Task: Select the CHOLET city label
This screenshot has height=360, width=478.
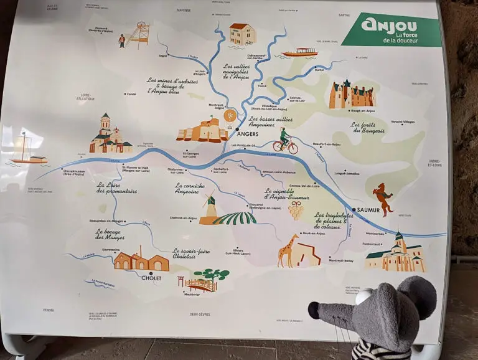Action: (x=151, y=278)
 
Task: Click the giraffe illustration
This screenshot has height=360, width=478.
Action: (x=288, y=250)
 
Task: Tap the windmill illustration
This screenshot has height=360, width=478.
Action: (x=210, y=208)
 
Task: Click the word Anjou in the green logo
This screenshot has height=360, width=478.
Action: (x=381, y=25)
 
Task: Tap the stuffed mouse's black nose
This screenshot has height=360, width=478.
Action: (x=313, y=306)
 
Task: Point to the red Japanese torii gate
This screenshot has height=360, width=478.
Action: (x=181, y=282)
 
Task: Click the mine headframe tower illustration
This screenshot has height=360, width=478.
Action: (x=141, y=35)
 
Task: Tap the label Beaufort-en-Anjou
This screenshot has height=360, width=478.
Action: (x=327, y=144)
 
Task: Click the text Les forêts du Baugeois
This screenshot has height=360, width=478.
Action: (x=367, y=128)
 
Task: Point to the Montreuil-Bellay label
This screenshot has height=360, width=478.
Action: (x=341, y=260)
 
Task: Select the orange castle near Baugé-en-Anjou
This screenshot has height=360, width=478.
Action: (x=351, y=95)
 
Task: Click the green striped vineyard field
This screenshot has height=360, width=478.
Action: (x=235, y=218)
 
